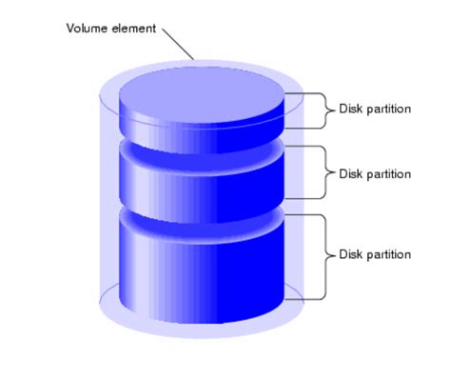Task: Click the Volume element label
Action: click(110, 28)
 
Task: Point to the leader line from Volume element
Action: click(178, 43)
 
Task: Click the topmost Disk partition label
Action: click(375, 109)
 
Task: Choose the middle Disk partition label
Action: click(375, 174)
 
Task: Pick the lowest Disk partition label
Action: click(375, 254)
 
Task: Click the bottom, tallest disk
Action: click(202, 271)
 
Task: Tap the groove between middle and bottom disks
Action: click(202, 218)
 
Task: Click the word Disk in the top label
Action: click(350, 109)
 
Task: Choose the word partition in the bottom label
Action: click(388, 254)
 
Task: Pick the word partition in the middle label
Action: click(388, 174)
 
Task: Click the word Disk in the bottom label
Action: click(350, 254)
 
